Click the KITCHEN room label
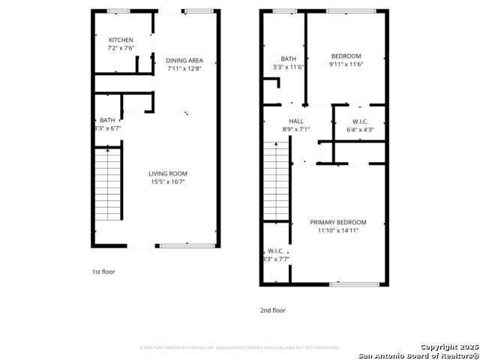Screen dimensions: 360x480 121,40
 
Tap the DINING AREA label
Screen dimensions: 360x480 184,61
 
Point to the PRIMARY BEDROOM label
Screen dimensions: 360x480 338,222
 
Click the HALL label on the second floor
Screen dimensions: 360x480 295,121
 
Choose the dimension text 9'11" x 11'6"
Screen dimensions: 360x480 346,64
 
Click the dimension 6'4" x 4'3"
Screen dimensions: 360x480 360,129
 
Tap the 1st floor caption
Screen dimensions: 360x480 103,271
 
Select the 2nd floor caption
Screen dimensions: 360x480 273,310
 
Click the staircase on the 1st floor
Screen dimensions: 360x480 107,184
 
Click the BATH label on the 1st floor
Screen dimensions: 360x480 107,120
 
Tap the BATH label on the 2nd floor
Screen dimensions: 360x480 289,59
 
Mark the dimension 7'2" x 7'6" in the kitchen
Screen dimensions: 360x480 121,48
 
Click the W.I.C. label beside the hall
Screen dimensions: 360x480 360,121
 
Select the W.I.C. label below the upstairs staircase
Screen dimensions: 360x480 275,250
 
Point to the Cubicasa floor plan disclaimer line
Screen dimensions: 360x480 240,348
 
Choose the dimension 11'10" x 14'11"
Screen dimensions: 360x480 338,231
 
